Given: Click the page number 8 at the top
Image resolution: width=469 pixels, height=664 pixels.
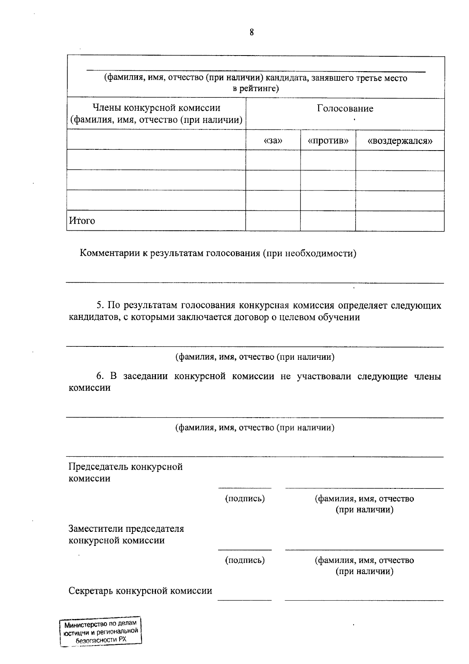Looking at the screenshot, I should [252, 32].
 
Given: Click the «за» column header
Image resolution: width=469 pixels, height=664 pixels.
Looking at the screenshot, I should [273, 140].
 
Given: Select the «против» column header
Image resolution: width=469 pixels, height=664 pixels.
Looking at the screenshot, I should [328, 140].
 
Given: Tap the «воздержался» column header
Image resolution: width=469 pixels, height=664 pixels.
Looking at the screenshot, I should [400, 140].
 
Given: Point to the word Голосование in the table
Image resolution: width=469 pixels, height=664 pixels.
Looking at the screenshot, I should [345, 108].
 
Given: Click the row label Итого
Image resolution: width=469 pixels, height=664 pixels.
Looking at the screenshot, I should [82, 221].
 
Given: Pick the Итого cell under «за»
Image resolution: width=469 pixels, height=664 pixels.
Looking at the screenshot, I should [273, 221].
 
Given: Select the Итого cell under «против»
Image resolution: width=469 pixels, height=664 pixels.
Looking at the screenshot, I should [328, 221].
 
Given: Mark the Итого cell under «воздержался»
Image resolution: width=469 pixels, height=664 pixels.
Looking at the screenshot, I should [400, 221].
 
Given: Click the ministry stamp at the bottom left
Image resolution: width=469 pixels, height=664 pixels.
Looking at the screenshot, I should [101, 632].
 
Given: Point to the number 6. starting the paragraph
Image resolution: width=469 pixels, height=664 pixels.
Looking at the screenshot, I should [100, 376].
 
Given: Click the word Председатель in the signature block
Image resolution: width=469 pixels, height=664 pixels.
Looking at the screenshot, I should [98, 467].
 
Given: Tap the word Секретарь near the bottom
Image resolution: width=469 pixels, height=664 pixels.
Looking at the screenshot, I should [91, 590].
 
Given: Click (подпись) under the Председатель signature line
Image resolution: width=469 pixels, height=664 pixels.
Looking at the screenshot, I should [245, 499].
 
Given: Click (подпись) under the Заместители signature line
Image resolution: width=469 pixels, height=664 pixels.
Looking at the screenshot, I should [245, 560].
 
